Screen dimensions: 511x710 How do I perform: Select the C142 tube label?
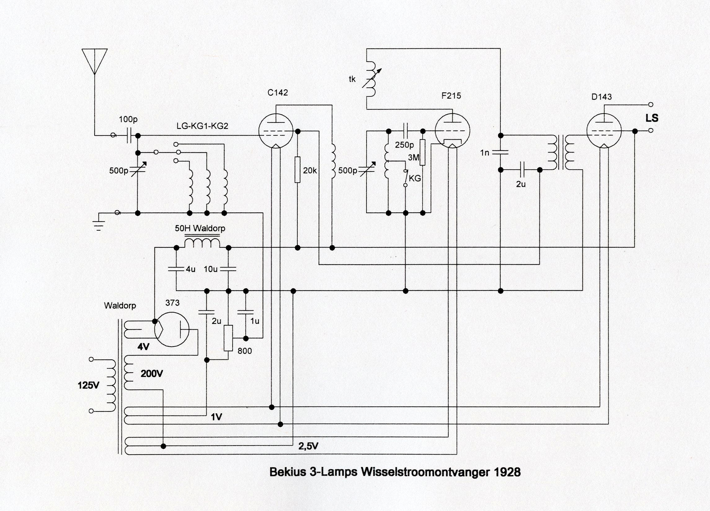(x=277, y=93)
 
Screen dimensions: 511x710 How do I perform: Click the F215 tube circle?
(x=452, y=131)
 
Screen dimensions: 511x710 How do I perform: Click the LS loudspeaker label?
(x=652, y=118)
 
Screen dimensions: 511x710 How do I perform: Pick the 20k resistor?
(x=297, y=169)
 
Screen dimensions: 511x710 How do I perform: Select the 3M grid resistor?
(x=423, y=153)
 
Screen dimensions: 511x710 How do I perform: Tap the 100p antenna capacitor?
(x=129, y=136)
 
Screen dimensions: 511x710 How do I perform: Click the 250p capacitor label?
(x=404, y=145)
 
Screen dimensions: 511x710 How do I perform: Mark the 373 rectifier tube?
(x=171, y=329)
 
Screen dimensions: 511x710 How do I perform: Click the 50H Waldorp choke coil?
(x=202, y=243)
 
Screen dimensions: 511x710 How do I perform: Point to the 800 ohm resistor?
(x=228, y=338)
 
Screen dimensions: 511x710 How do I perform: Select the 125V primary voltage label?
(x=88, y=385)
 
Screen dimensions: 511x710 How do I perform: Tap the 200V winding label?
(x=152, y=374)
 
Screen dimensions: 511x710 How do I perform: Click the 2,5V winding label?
(x=308, y=446)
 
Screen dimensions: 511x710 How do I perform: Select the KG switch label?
(x=415, y=179)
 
